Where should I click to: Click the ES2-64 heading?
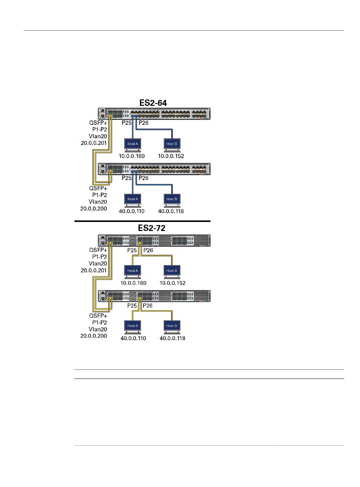coord(153,103)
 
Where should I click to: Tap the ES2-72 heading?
coord(152,228)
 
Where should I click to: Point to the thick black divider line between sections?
coord(142,221)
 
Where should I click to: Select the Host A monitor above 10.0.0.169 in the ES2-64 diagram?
coord(133,145)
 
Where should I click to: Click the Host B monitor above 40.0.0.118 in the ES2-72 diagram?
coord(172,327)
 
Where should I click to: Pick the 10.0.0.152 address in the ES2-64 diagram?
coord(171,156)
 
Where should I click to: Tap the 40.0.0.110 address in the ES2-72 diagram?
coord(133,338)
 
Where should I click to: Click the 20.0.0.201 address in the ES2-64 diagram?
coord(94,143)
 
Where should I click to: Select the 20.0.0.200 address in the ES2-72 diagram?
coord(94,336)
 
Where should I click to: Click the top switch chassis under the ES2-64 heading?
coord(154,114)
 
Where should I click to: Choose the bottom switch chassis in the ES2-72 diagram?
coord(154,296)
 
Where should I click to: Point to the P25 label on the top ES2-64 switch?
coord(127,123)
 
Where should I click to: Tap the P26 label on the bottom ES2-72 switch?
coord(148,306)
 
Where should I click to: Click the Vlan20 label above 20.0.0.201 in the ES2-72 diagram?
coord(98,264)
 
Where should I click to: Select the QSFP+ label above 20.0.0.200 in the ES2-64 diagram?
coord(98,188)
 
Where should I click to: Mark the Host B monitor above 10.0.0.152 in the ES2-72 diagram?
coord(172,272)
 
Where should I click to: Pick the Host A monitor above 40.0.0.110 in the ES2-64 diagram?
coord(133,200)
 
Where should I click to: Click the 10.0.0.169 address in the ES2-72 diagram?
coord(133,283)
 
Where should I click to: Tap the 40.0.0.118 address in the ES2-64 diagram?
coord(171,211)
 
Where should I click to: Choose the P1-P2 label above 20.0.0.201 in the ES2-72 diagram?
coord(100,257)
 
